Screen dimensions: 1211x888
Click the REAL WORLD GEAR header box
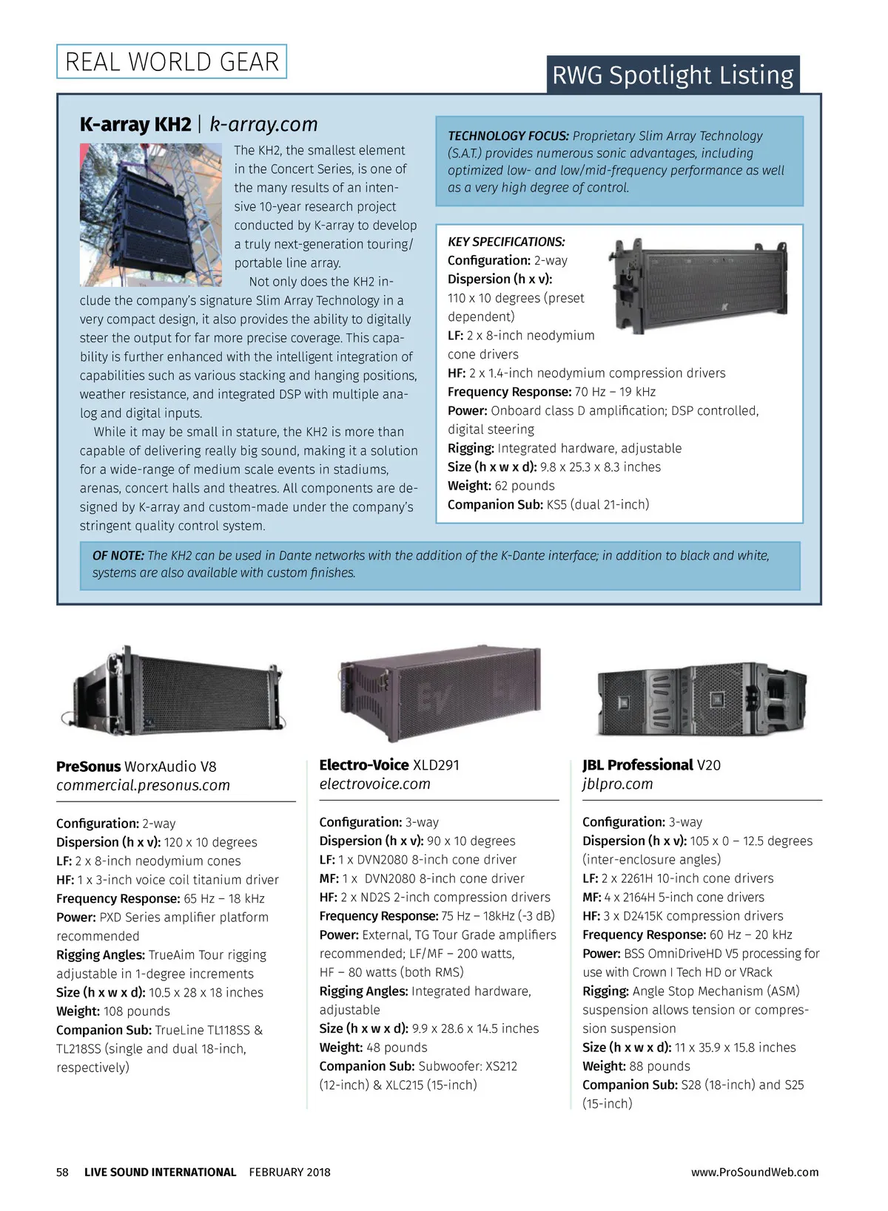(172, 62)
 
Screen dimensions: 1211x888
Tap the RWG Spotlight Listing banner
(673, 75)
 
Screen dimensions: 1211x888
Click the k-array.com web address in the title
(263, 124)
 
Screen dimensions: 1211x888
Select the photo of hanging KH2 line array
(151, 214)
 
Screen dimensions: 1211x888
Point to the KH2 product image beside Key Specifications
(699, 285)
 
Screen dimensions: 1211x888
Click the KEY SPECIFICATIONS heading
(506, 242)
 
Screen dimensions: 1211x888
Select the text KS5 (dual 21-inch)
(597, 504)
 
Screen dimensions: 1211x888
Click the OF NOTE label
(118, 555)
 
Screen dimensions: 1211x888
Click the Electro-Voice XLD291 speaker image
(440, 692)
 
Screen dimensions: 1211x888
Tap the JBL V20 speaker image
(701, 699)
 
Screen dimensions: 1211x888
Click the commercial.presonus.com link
(143, 785)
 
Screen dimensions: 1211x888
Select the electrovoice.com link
(374, 784)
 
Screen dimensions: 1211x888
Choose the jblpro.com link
(617, 784)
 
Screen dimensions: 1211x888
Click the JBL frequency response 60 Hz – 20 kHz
(750, 934)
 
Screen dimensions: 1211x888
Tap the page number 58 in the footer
(62, 1172)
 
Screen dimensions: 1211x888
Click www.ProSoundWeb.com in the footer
(755, 1172)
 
